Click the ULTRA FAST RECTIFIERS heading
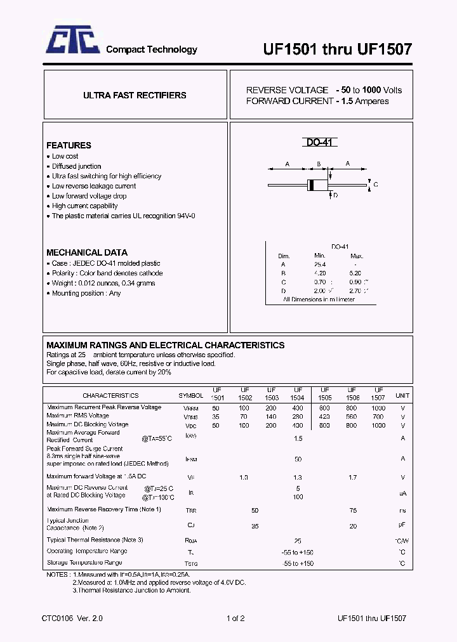[x=135, y=95]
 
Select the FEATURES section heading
[x=69, y=145]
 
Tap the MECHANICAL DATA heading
[x=87, y=252]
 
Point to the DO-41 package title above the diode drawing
[x=319, y=143]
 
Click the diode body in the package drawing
[x=317, y=185]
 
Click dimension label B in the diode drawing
[x=317, y=164]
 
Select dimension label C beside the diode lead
[x=376, y=185]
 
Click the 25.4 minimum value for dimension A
[x=319, y=264]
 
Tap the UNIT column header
[x=402, y=395]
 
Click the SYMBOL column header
[x=191, y=395]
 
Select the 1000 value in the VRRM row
[x=378, y=408]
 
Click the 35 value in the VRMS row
[x=216, y=417]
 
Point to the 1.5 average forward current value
[x=298, y=438]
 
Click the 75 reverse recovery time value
[x=353, y=510]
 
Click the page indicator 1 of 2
[x=235, y=618]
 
